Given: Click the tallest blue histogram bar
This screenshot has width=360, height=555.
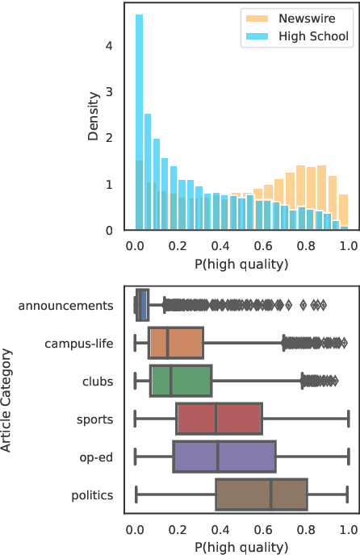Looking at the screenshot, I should (x=139, y=121).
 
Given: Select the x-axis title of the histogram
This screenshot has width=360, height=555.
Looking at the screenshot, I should (x=241, y=263).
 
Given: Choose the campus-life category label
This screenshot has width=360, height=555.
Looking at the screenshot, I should (x=79, y=344).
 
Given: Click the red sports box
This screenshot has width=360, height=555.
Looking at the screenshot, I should (x=219, y=419).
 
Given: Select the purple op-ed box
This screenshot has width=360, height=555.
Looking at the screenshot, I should (x=224, y=457).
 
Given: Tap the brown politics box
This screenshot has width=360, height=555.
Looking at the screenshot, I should (x=261, y=495).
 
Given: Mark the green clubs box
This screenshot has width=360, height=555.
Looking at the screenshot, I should (x=180, y=382).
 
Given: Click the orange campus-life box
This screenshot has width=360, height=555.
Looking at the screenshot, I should (x=175, y=344).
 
